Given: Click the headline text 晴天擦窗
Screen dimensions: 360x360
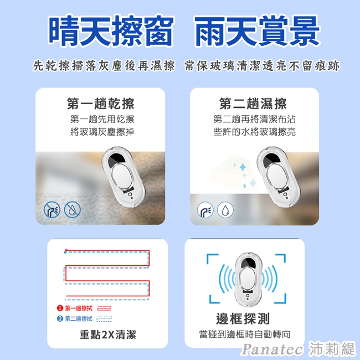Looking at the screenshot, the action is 111,31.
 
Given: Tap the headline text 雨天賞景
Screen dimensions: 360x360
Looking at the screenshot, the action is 257,31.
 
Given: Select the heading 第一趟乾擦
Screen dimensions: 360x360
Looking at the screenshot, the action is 101,104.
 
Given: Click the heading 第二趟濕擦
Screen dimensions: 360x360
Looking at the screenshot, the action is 253,104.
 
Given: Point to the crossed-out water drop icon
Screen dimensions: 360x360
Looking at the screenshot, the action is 73,209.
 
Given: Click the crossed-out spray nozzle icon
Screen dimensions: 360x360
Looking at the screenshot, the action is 52,209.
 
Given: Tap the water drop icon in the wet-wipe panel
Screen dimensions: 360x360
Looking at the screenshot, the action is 225,209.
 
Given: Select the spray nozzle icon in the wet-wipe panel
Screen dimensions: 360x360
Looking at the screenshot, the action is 205,209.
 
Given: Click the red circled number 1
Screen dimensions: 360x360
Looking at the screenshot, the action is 60,308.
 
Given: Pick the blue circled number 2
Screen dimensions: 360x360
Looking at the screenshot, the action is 60,318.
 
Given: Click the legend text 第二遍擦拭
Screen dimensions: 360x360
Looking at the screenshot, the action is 79,318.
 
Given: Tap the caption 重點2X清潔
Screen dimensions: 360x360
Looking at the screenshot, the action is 107,335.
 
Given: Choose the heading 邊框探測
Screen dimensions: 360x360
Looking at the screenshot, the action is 243,318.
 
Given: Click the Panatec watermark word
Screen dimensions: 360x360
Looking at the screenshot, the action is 272,349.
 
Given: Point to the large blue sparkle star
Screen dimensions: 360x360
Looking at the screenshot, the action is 243,167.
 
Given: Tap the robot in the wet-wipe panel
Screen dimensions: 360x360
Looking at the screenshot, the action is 279,177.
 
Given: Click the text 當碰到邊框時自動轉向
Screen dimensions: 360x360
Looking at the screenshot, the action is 245,335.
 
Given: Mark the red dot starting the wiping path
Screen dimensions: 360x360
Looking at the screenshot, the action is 66,250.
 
